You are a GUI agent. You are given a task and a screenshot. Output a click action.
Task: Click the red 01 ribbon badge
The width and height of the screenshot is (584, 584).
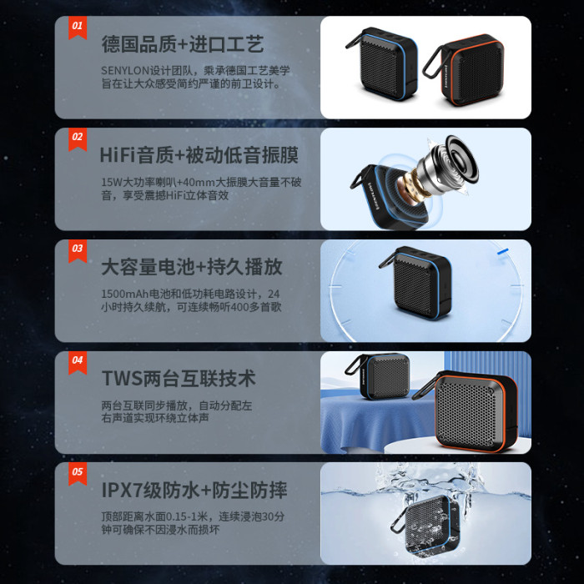pyautogui.click(x=78, y=28)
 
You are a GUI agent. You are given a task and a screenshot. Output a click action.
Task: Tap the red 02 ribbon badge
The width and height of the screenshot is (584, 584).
pyautogui.click(x=78, y=139)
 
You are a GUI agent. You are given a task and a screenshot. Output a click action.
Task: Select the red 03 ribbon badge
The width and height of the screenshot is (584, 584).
pyautogui.click(x=78, y=250)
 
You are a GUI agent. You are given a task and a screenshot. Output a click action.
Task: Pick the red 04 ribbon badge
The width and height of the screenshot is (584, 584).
pyautogui.click(x=78, y=362)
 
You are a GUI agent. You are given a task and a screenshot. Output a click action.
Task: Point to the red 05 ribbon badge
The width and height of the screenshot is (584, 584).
pyautogui.click(x=78, y=474)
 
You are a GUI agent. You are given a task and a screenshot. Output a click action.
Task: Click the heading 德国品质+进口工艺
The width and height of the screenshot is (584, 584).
pyautogui.click(x=183, y=44)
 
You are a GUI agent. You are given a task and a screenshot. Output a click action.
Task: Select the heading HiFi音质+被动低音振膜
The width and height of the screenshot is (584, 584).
pyautogui.click(x=199, y=155)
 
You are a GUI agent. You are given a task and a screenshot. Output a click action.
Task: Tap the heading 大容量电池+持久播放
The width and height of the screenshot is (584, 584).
pyautogui.click(x=192, y=267)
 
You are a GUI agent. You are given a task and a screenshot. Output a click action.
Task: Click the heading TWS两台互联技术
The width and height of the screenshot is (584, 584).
pyautogui.click(x=179, y=379)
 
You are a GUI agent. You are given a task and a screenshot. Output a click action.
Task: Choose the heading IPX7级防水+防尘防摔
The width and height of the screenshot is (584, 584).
pyautogui.click(x=194, y=491)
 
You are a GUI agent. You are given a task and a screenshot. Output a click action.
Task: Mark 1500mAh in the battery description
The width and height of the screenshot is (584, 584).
pyautogui.click(x=125, y=294)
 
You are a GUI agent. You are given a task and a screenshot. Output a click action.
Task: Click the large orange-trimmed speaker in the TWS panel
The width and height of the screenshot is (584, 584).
pyautogui.click(x=469, y=411)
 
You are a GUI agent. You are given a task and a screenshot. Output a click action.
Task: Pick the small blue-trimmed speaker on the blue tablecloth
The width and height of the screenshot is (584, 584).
pyautogui.click(x=378, y=376)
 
